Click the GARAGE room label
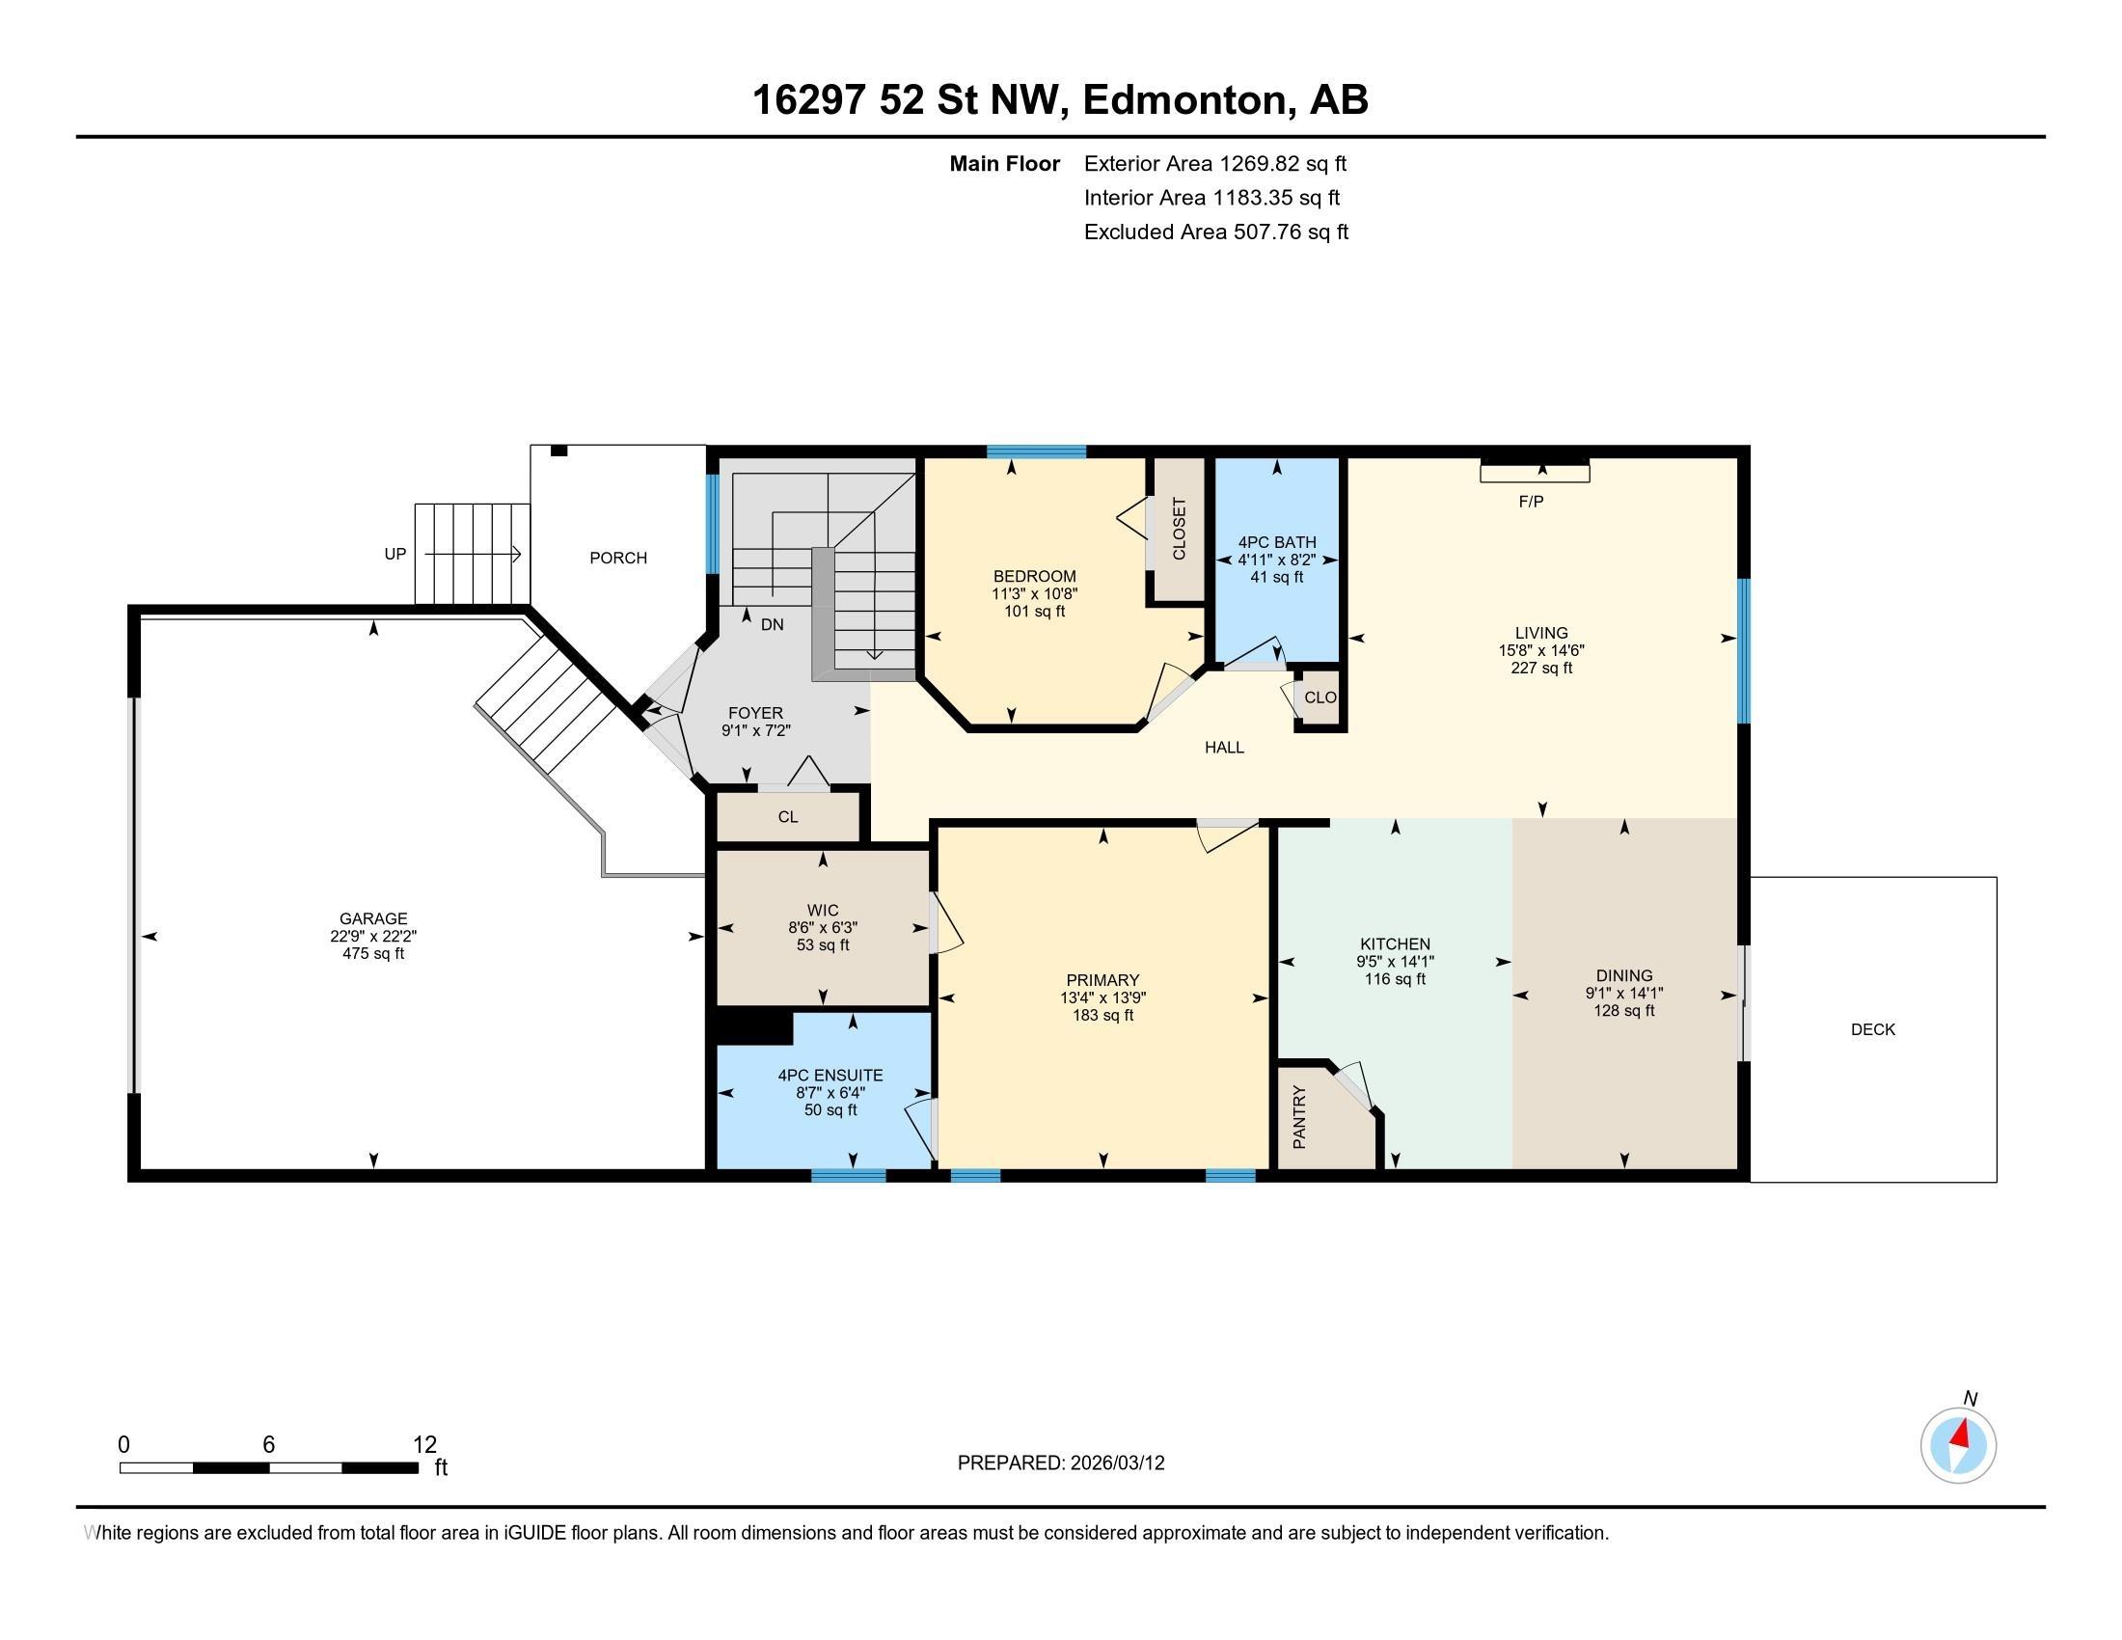(373, 918)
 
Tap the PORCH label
(618, 558)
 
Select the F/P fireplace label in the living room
(1531, 502)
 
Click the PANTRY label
(1300, 1117)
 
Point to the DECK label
(1872, 1029)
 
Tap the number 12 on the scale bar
(424, 1444)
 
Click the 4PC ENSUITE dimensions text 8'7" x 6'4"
(830, 1093)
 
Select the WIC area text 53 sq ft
(823, 945)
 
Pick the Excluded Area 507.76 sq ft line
(1215, 232)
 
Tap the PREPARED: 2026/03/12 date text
(1060, 1463)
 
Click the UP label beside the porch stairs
(394, 554)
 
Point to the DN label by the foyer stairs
(772, 625)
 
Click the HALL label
(1224, 747)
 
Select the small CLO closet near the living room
(1319, 697)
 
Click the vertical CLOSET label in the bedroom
(1179, 530)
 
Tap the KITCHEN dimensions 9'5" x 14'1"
(1396, 962)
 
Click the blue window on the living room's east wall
(1743, 650)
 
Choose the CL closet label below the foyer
(788, 817)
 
